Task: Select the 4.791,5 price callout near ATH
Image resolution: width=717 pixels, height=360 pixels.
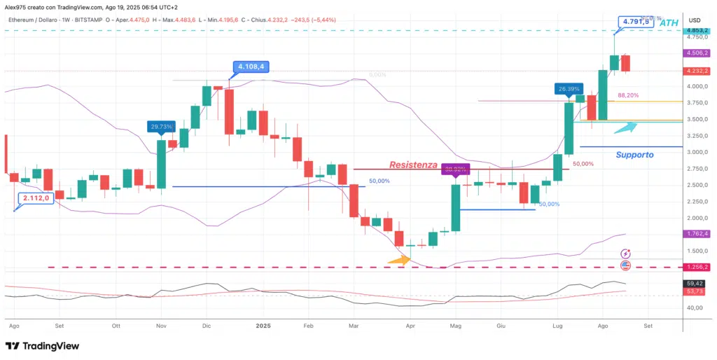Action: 636,22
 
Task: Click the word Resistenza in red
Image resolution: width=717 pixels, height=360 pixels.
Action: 408,165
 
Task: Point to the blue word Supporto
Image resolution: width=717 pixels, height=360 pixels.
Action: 634,154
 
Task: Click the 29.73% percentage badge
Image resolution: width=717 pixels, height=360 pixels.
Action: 160,127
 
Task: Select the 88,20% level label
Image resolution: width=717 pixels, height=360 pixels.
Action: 628,95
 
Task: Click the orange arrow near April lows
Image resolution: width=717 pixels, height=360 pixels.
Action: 398,260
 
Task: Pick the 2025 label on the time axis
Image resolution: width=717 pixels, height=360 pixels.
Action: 263,326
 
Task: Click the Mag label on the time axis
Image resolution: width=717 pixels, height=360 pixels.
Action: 456,326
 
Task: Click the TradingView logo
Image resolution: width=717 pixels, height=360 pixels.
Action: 42,346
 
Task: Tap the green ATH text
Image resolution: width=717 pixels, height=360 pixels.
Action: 669,23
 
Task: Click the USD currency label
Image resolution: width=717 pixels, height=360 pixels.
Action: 695,20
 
